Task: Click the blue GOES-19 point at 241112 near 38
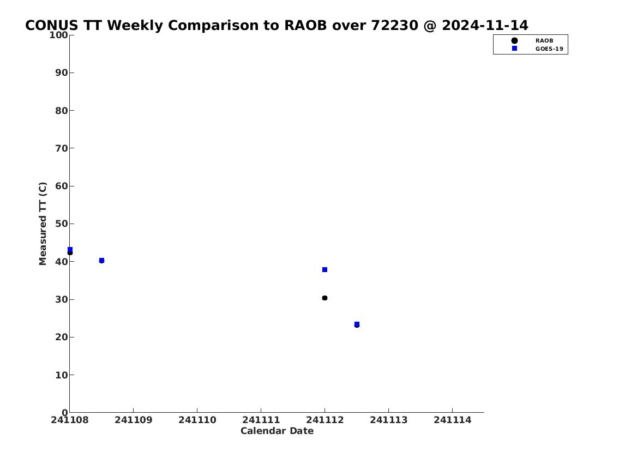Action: click(x=324, y=269)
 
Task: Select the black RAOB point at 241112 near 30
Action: click(x=324, y=298)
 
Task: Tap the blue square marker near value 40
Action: click(x=101, y=261)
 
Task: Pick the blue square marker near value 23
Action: click(x=357, y=324)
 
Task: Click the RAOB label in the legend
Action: click(x=544, y=41)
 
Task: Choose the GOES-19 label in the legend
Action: click(x=549, y=49)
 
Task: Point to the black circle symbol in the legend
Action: click(x=514, y=41)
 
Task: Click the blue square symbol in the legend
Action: click(x=514, y=48)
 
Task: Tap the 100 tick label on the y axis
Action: click(x=58, y=35)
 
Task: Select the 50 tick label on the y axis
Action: click(x=62, y=224)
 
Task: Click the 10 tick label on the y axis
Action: click(x=62, y=375)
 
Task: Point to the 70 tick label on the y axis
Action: click(x=62, y=148)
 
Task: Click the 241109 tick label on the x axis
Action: click(x=134, y=420)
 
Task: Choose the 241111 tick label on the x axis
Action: click(x=261, y=420)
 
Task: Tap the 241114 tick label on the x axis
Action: click(x=453, y=420)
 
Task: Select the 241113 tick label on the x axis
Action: click(x=388, y=420)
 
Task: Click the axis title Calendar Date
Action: click(x=277, y=431)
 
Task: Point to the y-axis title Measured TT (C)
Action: click(x=43, y=224)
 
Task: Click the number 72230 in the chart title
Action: click(x=394, y=25)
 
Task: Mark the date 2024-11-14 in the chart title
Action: click(x=485, y=25)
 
